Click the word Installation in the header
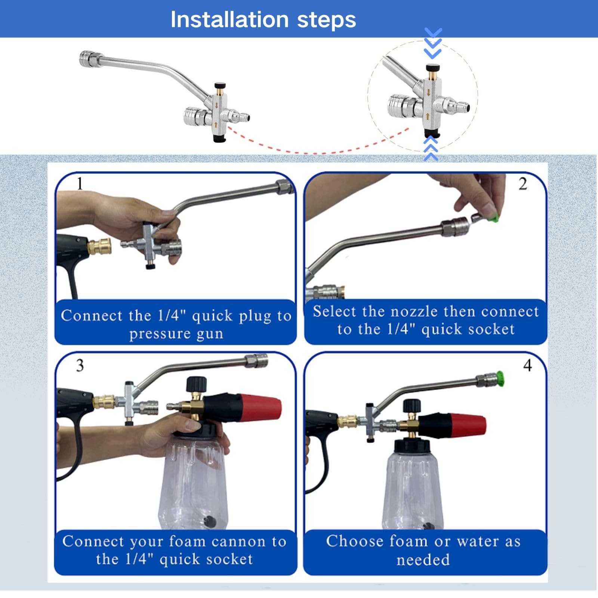click(x=229, y=19)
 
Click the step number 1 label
click(x=79, y=184)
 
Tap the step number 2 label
click(x=523, y=184)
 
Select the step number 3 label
click(x=80, y=366)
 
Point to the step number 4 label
click(x=527, y=365)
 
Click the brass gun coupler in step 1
click(x=99, y=247)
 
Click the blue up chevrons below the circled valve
click(x=431, y=148)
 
